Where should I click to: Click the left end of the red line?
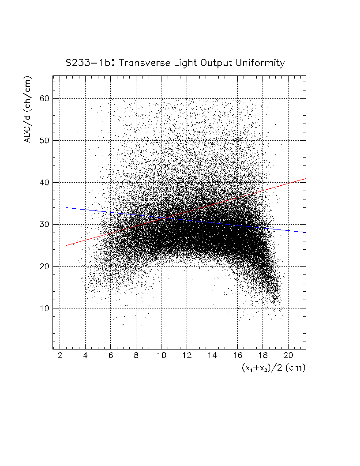pos(66,245)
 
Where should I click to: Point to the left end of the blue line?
pos(66,207)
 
